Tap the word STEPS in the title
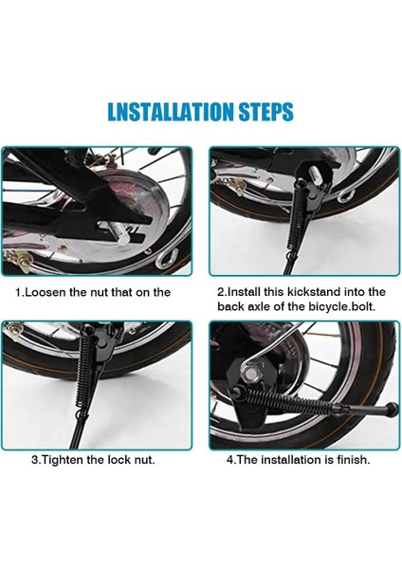coord(265,112)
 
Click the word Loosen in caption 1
coord(45,292)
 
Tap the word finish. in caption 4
coord(354,460)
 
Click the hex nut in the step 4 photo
coord(250,373)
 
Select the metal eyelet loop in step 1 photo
coord(167,258)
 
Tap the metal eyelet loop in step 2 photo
coord(346,196)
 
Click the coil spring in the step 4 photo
coord(294,399)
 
